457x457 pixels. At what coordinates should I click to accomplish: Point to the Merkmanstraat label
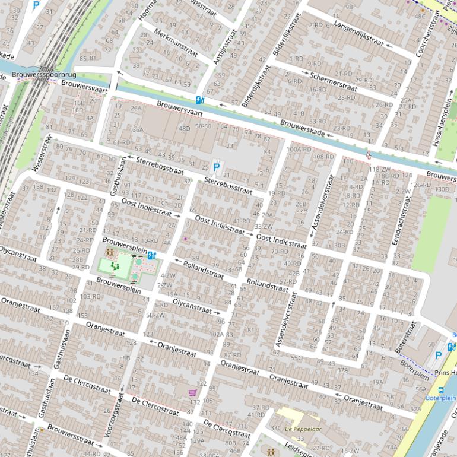pyautogui.click(x=175, y=42)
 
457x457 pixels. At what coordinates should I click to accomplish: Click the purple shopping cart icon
pyautogui.click(x=192, y=392)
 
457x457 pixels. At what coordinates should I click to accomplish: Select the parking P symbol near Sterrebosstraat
pyautogui.click(x=217, y=168)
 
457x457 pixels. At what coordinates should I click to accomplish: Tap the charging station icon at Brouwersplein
pyautogui.click(x=151, y=256)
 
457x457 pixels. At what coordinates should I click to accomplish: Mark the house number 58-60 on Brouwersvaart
pyautogui.click(x=203, y=126)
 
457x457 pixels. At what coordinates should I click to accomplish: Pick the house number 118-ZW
pyautogui.click(x=380, y=170)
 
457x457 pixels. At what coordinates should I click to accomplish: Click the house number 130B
pyautogui.click(x=442, y=189)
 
